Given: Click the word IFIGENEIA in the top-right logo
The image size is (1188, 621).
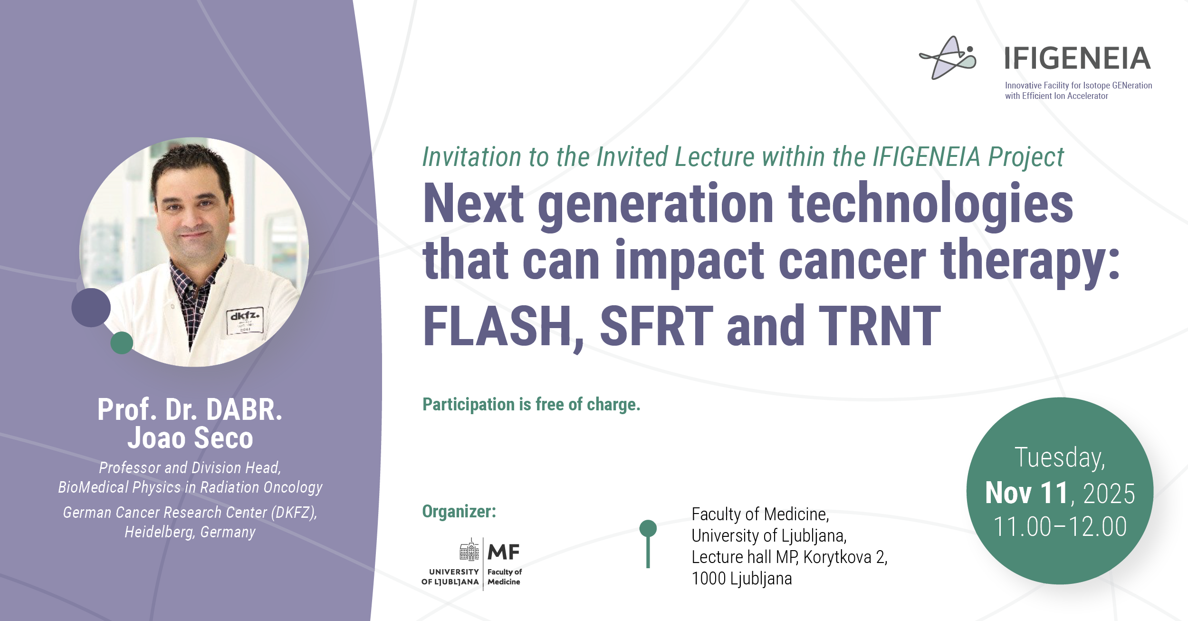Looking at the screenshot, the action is pos(1077,58).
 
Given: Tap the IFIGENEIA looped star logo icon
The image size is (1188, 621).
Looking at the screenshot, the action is pos(948,58).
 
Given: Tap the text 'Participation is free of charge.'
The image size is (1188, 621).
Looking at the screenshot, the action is pos(531,404).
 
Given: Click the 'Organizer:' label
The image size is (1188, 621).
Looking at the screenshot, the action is pos(459,511).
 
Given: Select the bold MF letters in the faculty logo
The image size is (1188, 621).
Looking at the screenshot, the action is pos(504,552).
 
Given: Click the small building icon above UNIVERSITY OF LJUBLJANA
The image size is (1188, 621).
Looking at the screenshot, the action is pos(469,550).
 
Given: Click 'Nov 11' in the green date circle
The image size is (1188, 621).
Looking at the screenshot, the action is pos(1026,493).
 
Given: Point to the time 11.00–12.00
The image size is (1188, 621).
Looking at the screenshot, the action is pos(1060,527).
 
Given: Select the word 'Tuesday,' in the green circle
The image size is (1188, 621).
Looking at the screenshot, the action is pos(1060,458).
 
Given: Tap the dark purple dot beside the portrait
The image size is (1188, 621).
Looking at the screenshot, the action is pos(91,308).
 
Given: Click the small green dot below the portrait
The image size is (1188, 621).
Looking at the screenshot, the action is pos(122,343).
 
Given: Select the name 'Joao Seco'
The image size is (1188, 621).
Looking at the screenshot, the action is pos(190,438).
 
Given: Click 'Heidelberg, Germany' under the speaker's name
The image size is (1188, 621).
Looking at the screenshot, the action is pos(190,532).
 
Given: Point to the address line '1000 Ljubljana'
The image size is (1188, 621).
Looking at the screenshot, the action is pos(742,579).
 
